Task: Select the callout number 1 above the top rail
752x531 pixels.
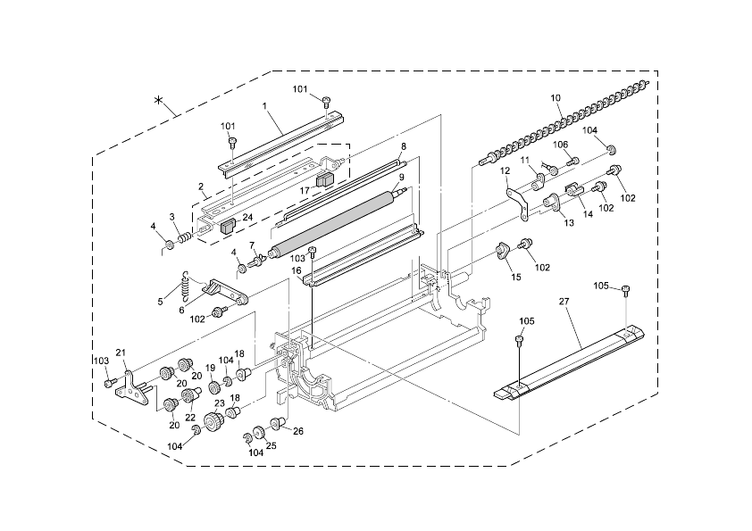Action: coord(265,106)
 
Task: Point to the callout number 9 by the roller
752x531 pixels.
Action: coord(402,178)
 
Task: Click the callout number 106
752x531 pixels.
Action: coord(561,145)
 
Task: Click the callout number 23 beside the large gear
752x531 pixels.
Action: coord(218,403)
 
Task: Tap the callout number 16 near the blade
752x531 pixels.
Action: coord(296,270)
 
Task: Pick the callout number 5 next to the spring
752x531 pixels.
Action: coord(161,302)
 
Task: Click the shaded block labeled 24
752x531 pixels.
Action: coord(226,227)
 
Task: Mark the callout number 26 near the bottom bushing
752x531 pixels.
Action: coord(298,431)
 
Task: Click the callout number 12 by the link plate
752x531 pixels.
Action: coord(505,170)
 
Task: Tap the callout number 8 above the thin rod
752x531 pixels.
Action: coord(403,145)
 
